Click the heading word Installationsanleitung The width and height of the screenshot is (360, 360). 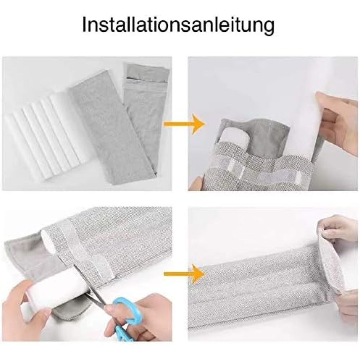(x=178, y=25)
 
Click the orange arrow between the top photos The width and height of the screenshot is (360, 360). (x=184, y=124)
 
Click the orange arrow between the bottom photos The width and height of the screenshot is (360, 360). (x=184, y=274)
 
